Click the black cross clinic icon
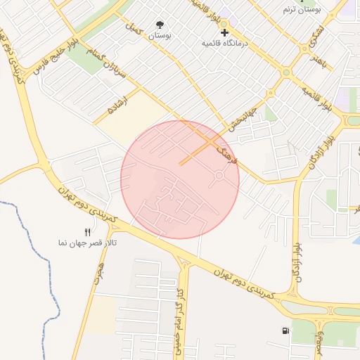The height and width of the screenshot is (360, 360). point(224,32)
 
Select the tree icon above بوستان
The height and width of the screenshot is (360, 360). point(160,24)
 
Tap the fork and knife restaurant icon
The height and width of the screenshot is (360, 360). point(87,231)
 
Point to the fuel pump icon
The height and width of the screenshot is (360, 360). point(285,330)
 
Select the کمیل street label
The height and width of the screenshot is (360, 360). point(134,30)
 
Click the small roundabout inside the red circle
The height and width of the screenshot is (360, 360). point(219,175)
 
